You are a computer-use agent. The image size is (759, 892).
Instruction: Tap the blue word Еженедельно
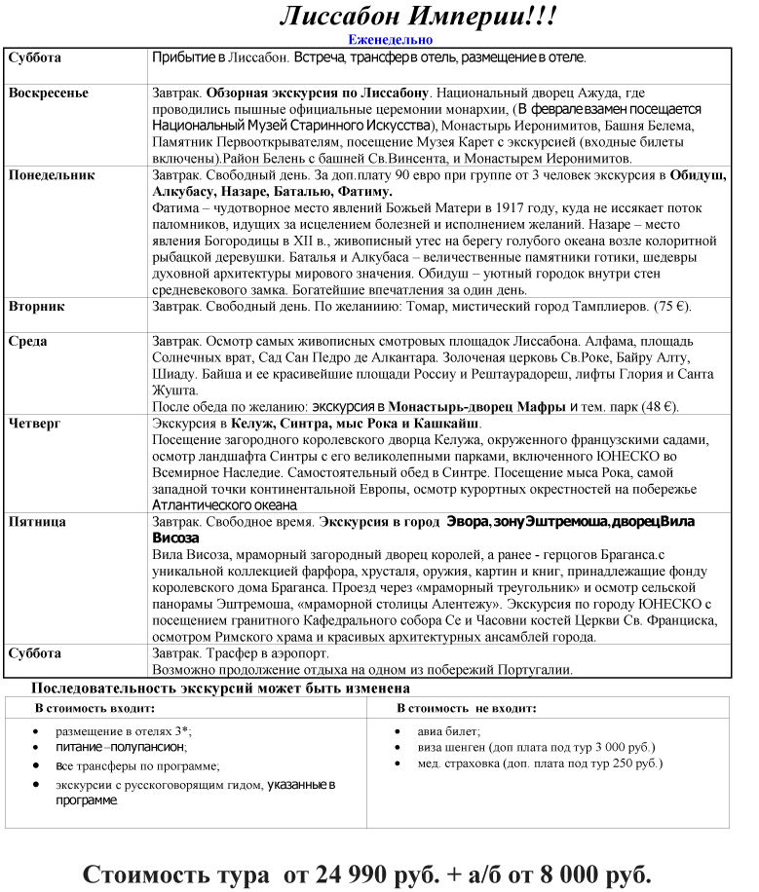coord(390,40)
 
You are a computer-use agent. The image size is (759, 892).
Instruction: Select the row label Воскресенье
coord(48,93)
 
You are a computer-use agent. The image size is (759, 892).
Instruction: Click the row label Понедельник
coord(52,175)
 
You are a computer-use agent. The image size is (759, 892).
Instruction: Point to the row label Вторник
coord(36,307)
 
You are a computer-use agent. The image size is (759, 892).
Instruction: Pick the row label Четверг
coord(35,424)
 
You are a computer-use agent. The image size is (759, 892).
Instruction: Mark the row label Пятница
coord(37,522)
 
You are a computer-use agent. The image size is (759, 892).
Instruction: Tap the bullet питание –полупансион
coord(120,747)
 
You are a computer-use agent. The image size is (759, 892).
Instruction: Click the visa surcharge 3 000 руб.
coord(621,747)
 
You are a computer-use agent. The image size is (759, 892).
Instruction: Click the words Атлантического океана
coord(225,504)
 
